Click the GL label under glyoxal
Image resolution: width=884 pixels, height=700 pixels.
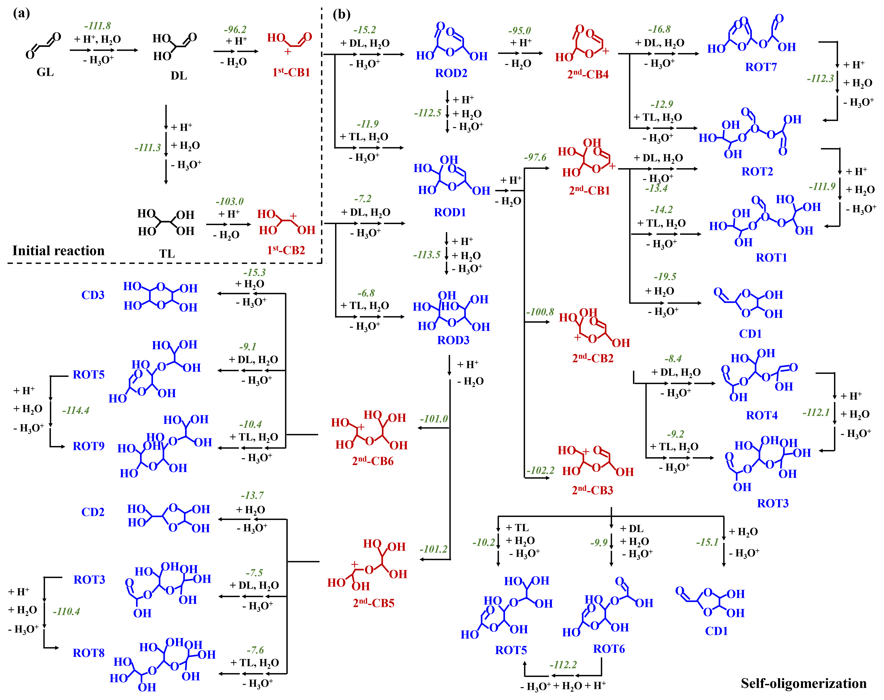coord(45,72)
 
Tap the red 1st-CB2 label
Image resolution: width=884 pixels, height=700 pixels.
coord(286,250)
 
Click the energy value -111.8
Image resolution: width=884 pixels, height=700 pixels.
coord(97,26)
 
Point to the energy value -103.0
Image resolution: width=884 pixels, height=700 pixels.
coord(229,201)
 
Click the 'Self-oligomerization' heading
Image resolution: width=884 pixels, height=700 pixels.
coord(803,683)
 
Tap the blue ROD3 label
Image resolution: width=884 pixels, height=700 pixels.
coord(453,340)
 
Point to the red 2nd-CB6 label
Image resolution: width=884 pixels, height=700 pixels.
coord(373,461)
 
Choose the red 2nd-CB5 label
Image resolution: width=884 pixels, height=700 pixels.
coord(373,603)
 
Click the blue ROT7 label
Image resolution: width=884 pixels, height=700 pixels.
coord(761,67)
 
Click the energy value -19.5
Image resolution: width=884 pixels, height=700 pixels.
coord(665,277)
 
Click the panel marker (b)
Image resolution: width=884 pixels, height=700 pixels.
coord(341,15)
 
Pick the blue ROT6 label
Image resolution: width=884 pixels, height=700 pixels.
coord(609,649)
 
